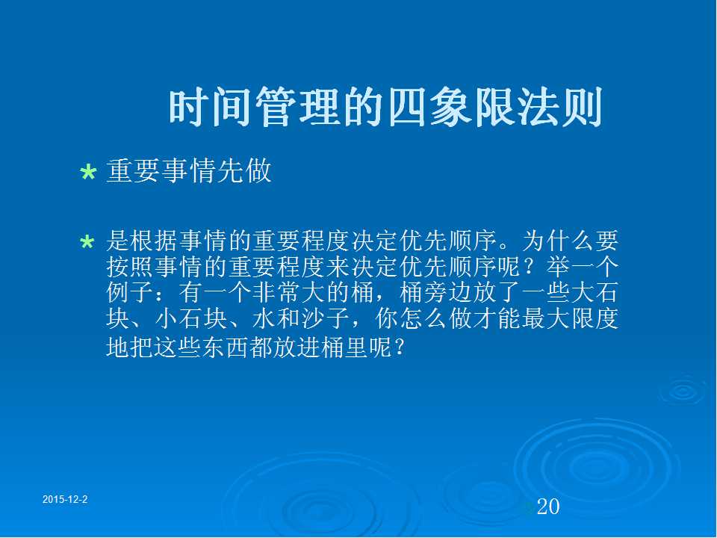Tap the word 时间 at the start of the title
pyautogui.click(x=211, y=108)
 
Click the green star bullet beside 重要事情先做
pyautogui.click(x=88, y=173)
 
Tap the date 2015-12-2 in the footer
pyautogui.click(x=65, y=500)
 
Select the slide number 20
pyautogui.click(x=548, y=507)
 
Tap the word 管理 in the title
pyautogui.click(x=298, y=108)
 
